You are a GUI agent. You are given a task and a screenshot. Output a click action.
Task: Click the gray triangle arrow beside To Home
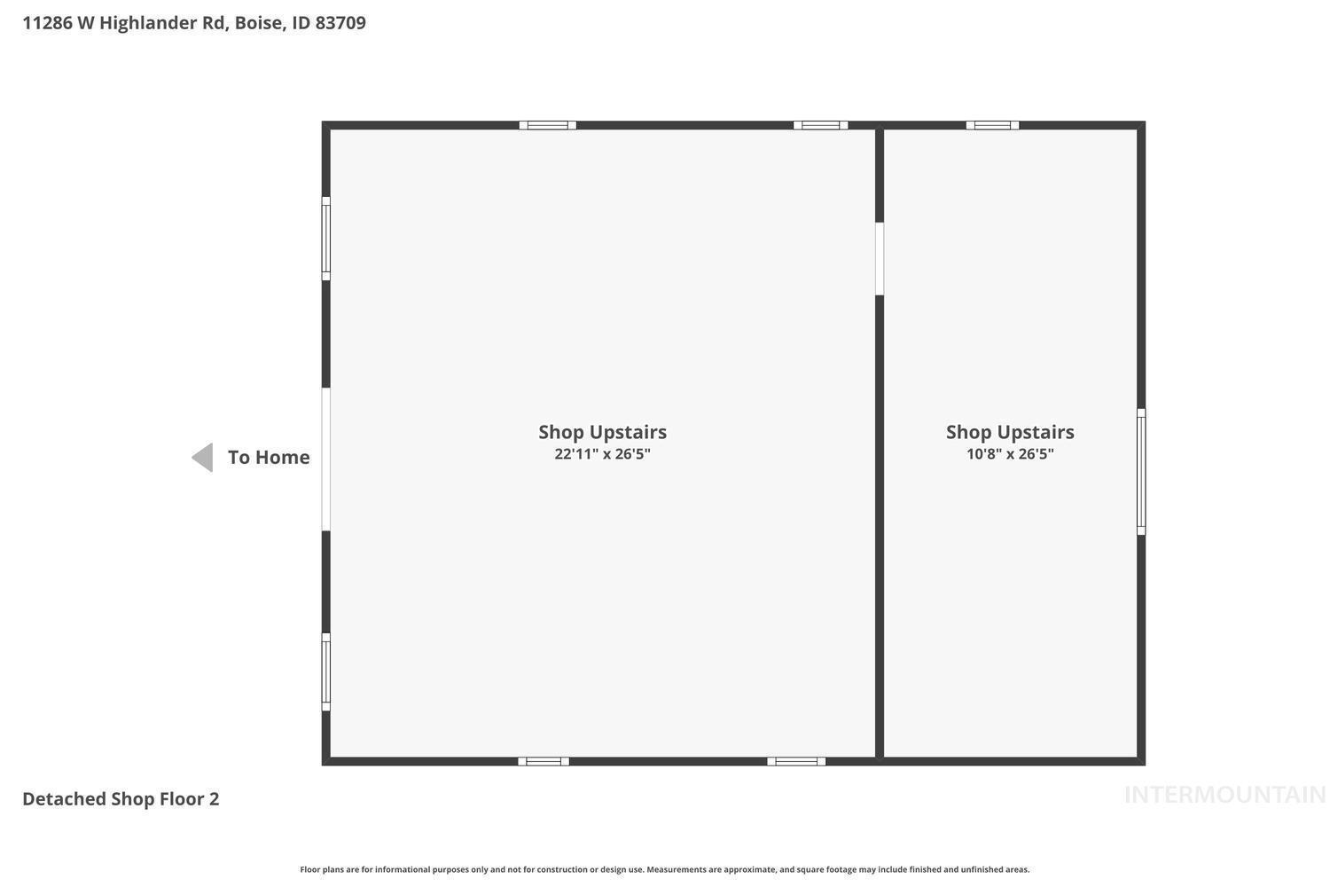203,458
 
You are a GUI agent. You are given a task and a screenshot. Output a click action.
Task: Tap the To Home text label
269,458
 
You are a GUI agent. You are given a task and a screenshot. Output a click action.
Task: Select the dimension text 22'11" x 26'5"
602,454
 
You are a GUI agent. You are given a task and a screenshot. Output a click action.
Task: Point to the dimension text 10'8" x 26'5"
1010,454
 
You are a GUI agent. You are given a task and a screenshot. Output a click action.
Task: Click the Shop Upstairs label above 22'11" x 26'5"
602,433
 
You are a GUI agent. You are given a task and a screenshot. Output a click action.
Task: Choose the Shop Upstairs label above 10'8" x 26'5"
1010,433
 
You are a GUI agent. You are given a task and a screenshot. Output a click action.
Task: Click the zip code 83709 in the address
340,22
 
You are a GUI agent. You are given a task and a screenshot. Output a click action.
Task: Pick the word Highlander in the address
162,22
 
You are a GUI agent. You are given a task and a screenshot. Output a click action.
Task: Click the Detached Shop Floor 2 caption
121,799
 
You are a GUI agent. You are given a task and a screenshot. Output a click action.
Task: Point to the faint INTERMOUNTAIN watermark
1224,795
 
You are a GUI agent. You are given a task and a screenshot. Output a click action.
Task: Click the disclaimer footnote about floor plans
664,869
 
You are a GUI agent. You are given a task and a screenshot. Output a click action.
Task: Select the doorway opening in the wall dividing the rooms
880,259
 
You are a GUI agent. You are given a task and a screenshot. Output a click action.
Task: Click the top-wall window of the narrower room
992,125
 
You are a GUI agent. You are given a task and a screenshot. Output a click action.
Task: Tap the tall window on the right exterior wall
1141,472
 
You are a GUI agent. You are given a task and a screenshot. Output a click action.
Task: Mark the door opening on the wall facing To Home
326,459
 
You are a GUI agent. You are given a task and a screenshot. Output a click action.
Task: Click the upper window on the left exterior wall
326,239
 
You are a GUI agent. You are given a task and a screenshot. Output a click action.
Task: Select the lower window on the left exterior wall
326,672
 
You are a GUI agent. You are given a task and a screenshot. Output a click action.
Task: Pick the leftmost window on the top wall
547,125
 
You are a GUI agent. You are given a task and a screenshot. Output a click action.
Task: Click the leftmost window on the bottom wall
544,762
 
